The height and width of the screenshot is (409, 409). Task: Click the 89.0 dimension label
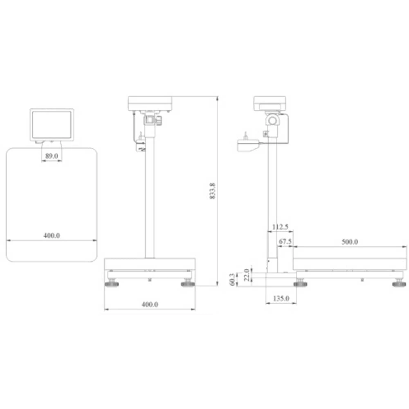[x=52, y=155]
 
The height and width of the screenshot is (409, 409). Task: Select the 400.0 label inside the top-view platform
[x=52, y=236]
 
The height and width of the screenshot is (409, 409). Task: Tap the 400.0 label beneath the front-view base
[x=150, y=304]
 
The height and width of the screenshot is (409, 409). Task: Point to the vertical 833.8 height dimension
[x=212, y=191]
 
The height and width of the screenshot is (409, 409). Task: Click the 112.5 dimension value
[x=280, y=227]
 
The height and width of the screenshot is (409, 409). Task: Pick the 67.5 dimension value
[x=285, y=242]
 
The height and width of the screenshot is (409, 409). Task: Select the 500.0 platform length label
[x=350, y=242]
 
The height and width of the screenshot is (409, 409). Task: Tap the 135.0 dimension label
[x=281, y=299]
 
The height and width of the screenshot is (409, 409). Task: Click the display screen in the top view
[x=52, y=124]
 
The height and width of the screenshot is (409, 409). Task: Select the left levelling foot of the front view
[x=112, y=283]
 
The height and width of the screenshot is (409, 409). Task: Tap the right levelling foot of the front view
[x=188, y=283]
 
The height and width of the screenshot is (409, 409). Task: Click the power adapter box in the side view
[x=248, y=145]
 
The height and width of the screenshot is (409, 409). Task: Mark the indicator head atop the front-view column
[x=150, y=103]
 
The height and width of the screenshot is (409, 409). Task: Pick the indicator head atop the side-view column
[x=270, y=103]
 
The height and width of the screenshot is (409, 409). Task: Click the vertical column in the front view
[x=150, y=196]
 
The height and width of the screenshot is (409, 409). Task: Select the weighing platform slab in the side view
[x=350, y=264]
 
